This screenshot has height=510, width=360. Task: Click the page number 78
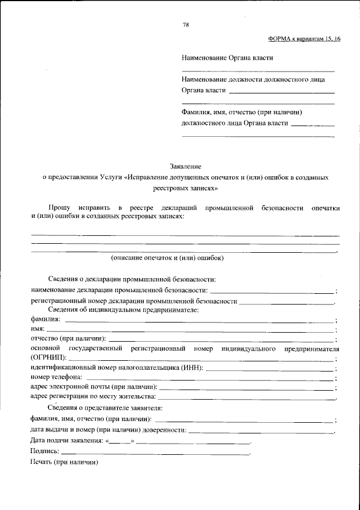(x=186, y=25)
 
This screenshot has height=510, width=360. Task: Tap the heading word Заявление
(x=185, y=166)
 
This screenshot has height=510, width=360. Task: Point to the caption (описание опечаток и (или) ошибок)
(x=168, y=258)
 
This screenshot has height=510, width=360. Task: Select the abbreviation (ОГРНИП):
(x=48, y=358)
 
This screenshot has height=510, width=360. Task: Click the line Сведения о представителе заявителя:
(x=105, y=408)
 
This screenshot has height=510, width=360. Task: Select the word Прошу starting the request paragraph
(x=59, y=208)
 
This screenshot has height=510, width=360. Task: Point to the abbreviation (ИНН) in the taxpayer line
(x=192, y=368)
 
